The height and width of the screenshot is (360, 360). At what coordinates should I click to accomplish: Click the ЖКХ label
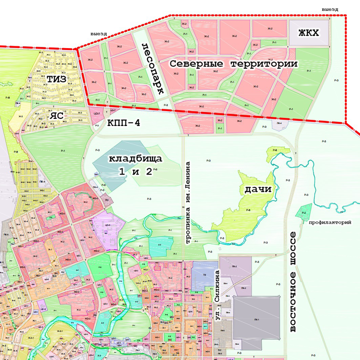308,33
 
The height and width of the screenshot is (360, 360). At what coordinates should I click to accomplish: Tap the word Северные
194,64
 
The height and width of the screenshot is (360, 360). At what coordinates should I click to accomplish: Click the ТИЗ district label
56,79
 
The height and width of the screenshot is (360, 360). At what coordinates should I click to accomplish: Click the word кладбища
135,158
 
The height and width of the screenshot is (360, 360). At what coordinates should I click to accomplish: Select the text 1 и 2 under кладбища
135,171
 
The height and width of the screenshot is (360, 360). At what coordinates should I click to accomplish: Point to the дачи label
258,189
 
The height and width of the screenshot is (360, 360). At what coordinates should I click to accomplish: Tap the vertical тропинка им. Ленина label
188,203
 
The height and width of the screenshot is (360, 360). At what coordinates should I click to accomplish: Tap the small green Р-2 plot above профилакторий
304,212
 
